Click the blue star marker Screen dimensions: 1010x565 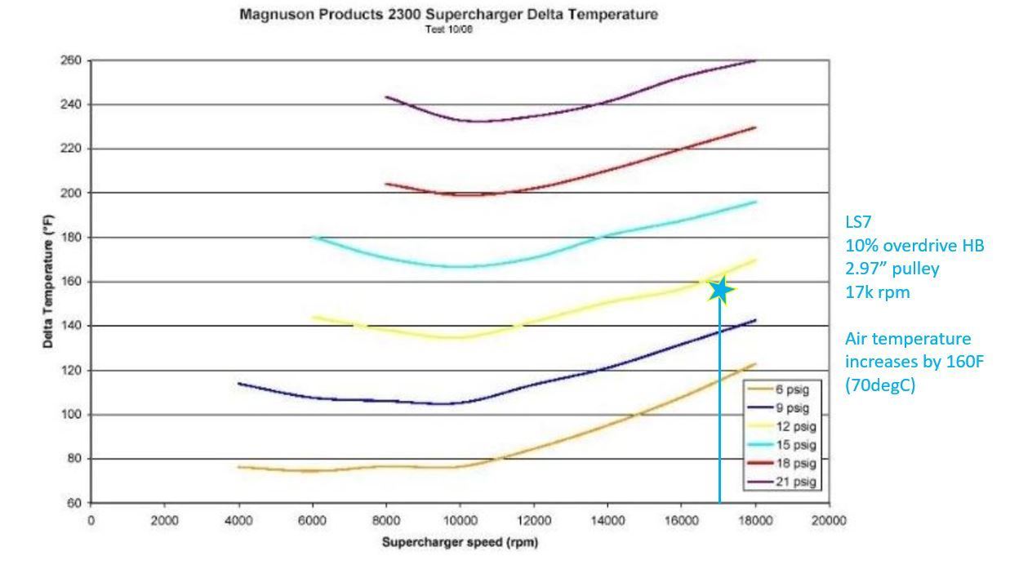(720, 291)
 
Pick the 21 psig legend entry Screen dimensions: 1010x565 (782, 482)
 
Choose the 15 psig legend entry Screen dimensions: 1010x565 (782, 445)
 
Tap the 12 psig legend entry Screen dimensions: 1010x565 (782, 426)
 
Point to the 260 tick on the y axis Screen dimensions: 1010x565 (71, 60)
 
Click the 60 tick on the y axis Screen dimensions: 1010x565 (74, 503)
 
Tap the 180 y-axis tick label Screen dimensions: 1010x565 (71, 237)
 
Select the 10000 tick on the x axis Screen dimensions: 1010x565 (460, 520)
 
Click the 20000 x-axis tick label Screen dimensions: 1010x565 (829, 520)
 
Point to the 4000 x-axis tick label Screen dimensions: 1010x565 (238, 520)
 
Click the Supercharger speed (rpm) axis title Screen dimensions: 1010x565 (460, 542)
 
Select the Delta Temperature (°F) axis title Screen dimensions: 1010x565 (48, 282)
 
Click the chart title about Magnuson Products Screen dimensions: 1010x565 (448, 15)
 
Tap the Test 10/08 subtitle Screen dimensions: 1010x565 (448, 29)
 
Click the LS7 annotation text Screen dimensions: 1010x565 (858, 222)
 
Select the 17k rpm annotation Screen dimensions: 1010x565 (878, 292)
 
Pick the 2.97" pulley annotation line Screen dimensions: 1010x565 (892, 269)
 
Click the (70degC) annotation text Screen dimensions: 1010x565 (880, 385)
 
